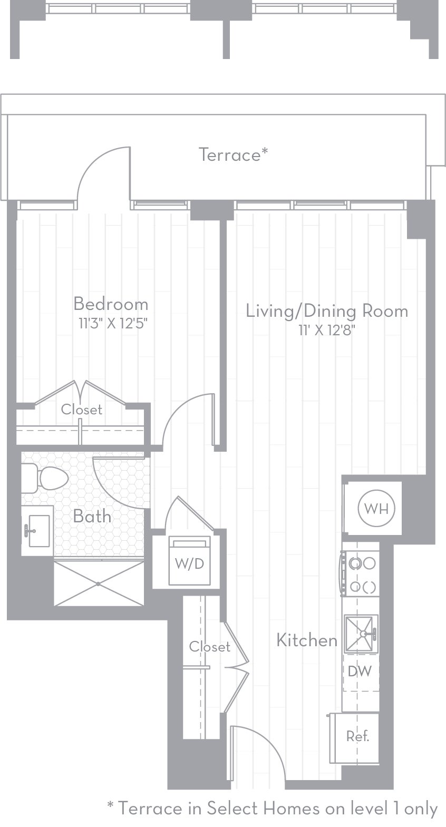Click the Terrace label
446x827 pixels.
(233, 154)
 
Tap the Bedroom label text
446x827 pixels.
(111, 304)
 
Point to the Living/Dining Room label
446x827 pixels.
(327, 310)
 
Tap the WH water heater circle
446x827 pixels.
(376, 509)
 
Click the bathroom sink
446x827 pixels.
(38, 530)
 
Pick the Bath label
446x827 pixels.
(92, 516)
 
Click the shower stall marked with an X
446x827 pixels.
(99, 583)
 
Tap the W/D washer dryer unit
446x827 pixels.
(189, 562)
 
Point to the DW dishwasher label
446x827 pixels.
(360, 672)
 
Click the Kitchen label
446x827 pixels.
(307, 640)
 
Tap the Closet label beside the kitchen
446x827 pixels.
(209, 647)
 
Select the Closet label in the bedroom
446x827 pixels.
(81, 410)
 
